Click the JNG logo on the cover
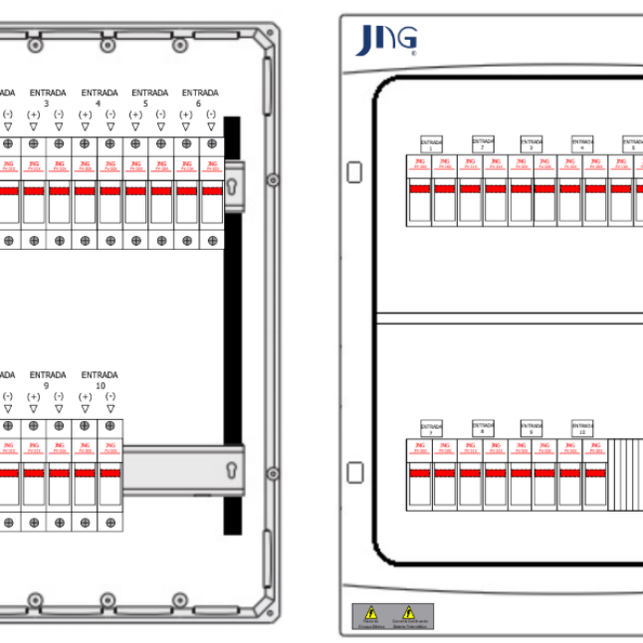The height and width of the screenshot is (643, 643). coord(386,40)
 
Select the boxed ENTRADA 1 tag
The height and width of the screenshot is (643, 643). coord(431,144)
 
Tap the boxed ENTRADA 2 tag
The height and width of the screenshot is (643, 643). coord(483,144)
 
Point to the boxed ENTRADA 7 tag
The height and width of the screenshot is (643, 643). coord(431,428)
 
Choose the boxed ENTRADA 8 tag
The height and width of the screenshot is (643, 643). coord(483,428)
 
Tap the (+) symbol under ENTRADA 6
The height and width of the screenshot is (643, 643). coord(186,115)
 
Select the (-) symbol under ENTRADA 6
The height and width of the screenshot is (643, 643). coord(211,115)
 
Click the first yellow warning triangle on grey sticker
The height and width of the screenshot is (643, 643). coord(370,613)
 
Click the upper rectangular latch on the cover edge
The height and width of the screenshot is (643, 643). coord(354,172)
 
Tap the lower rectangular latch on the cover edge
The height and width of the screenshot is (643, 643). coord(354,472)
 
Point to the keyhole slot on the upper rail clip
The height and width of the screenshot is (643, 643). coord(232,186)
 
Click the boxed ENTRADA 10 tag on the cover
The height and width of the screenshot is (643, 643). coord(583,428)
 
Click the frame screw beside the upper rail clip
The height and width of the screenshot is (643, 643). coord(272,180)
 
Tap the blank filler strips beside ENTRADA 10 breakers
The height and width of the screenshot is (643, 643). coord(626,473)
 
